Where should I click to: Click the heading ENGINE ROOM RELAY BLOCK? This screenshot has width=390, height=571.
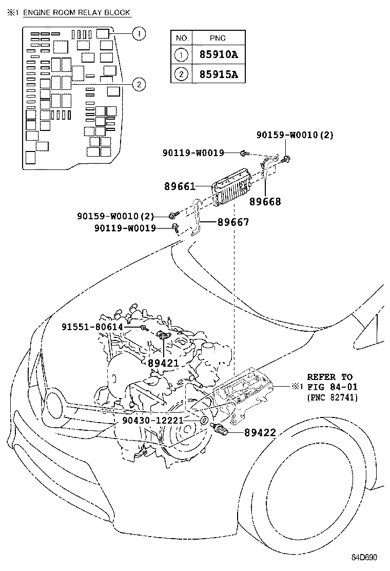(76, 12)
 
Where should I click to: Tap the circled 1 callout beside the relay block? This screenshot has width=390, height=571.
(138, 34)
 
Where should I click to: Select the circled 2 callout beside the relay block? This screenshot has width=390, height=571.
(138, 84)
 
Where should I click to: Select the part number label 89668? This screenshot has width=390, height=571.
(265, 202)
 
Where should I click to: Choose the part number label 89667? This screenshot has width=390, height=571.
(233, 222)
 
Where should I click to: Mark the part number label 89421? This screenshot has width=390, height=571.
(163, 363)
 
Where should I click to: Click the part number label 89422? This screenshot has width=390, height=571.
(260, 433)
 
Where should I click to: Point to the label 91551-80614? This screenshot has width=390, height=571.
(92, 327)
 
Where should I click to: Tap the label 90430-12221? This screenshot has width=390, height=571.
(152, 420)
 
